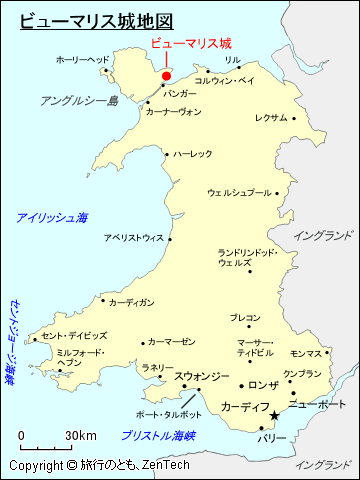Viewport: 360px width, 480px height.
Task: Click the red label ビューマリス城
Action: tap(190, 43)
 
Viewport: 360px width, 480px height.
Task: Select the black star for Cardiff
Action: tap(275, 417)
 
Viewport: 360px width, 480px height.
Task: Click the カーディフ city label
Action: tap(245, 407)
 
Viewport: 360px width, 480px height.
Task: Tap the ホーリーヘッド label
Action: tap(83, 60)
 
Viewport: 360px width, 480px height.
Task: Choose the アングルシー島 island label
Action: tap(79, 100)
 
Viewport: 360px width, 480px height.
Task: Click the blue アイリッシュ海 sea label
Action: tap(52, 217)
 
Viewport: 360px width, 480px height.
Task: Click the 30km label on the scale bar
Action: tap(81, 435)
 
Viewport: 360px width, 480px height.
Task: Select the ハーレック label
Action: tap(193, 153)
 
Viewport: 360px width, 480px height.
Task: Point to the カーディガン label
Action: tap(131, 301)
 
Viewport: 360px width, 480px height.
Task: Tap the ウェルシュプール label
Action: tap(239, 192)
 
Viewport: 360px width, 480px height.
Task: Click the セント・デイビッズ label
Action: tap(74, 335)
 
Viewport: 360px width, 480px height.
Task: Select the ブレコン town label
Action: tap(245, 318)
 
